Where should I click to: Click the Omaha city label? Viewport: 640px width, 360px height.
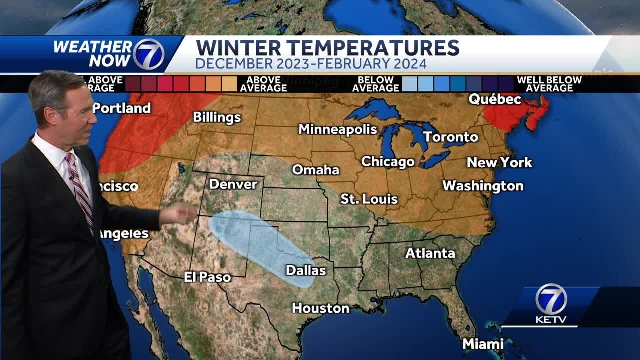point(315,170)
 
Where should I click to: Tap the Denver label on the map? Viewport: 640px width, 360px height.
point(233,184)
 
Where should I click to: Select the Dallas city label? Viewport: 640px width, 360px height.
point(305,270)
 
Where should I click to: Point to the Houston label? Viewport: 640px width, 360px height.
point(320,308)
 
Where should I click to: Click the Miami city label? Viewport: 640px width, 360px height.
point(483,344)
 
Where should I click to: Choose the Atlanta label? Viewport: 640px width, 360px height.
point(430,253)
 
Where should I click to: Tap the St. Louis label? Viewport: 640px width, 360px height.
point(369,199)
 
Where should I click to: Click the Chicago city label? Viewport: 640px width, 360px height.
point(387,162)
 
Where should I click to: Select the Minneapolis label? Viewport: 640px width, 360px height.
point(337,129)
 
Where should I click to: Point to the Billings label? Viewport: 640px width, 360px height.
point(217,117)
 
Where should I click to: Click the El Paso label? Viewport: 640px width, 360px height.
point(207,277)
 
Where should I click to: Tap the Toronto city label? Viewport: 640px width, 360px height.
point(450,137)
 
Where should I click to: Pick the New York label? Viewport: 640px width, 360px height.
point(499,162)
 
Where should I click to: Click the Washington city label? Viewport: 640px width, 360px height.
point(482,186)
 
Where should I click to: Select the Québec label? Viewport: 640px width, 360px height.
point(494,99)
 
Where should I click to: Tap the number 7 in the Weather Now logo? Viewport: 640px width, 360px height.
point(148,54)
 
